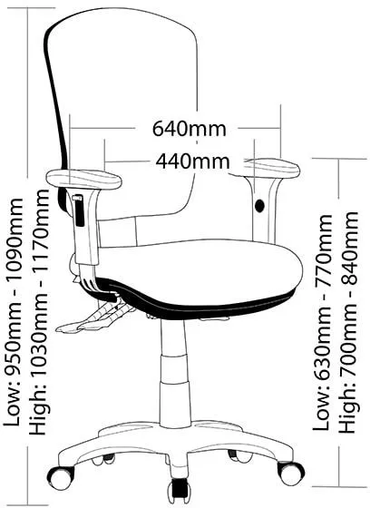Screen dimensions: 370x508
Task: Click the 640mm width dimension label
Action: click(x=190, y=129)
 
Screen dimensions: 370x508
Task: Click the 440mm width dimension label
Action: click(x=192, y=161)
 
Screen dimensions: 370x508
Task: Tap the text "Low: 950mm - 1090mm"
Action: click(x=14, y=312)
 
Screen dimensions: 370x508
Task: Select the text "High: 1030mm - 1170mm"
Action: click(x=39, y=312)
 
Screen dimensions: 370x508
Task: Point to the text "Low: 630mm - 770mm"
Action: click(x=322, y=322)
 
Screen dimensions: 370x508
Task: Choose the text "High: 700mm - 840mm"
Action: click(x=348, y=322)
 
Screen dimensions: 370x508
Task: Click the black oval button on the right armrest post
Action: click(x=259, y=206)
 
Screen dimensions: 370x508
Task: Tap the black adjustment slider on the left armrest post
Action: click(x=78, y=210)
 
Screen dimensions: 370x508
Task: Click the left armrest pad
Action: click(x=83, y=180)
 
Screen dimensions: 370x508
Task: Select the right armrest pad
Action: click(x=271, y=168)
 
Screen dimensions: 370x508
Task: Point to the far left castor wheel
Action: click(x=61, y=476)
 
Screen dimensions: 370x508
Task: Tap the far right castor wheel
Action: click(x=290, y=473)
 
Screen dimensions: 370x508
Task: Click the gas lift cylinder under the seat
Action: click(x=174, y=372)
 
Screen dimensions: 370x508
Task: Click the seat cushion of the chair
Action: click(x=201, y=267)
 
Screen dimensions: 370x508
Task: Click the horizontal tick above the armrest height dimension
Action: click(x=339, y=159)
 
